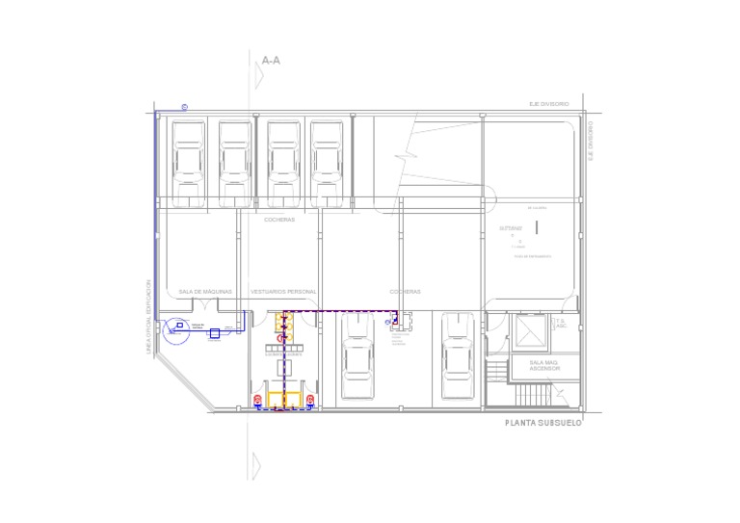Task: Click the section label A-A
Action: coord(271,61)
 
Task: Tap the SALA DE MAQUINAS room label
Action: coord(205,291)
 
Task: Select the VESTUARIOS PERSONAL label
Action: coord(283,291)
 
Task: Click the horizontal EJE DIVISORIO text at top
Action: coord(549,103)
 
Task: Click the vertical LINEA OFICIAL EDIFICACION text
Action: coord(148,318)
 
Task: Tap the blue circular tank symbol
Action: coord(175,330)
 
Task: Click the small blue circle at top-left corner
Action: coord(184,108)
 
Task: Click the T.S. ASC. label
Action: coord(562,324)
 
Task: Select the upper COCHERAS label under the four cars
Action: coord(279,220)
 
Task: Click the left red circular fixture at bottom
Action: coord(257,400)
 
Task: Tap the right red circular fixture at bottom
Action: coord(311,400)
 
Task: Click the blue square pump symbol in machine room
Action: coord(214,333)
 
